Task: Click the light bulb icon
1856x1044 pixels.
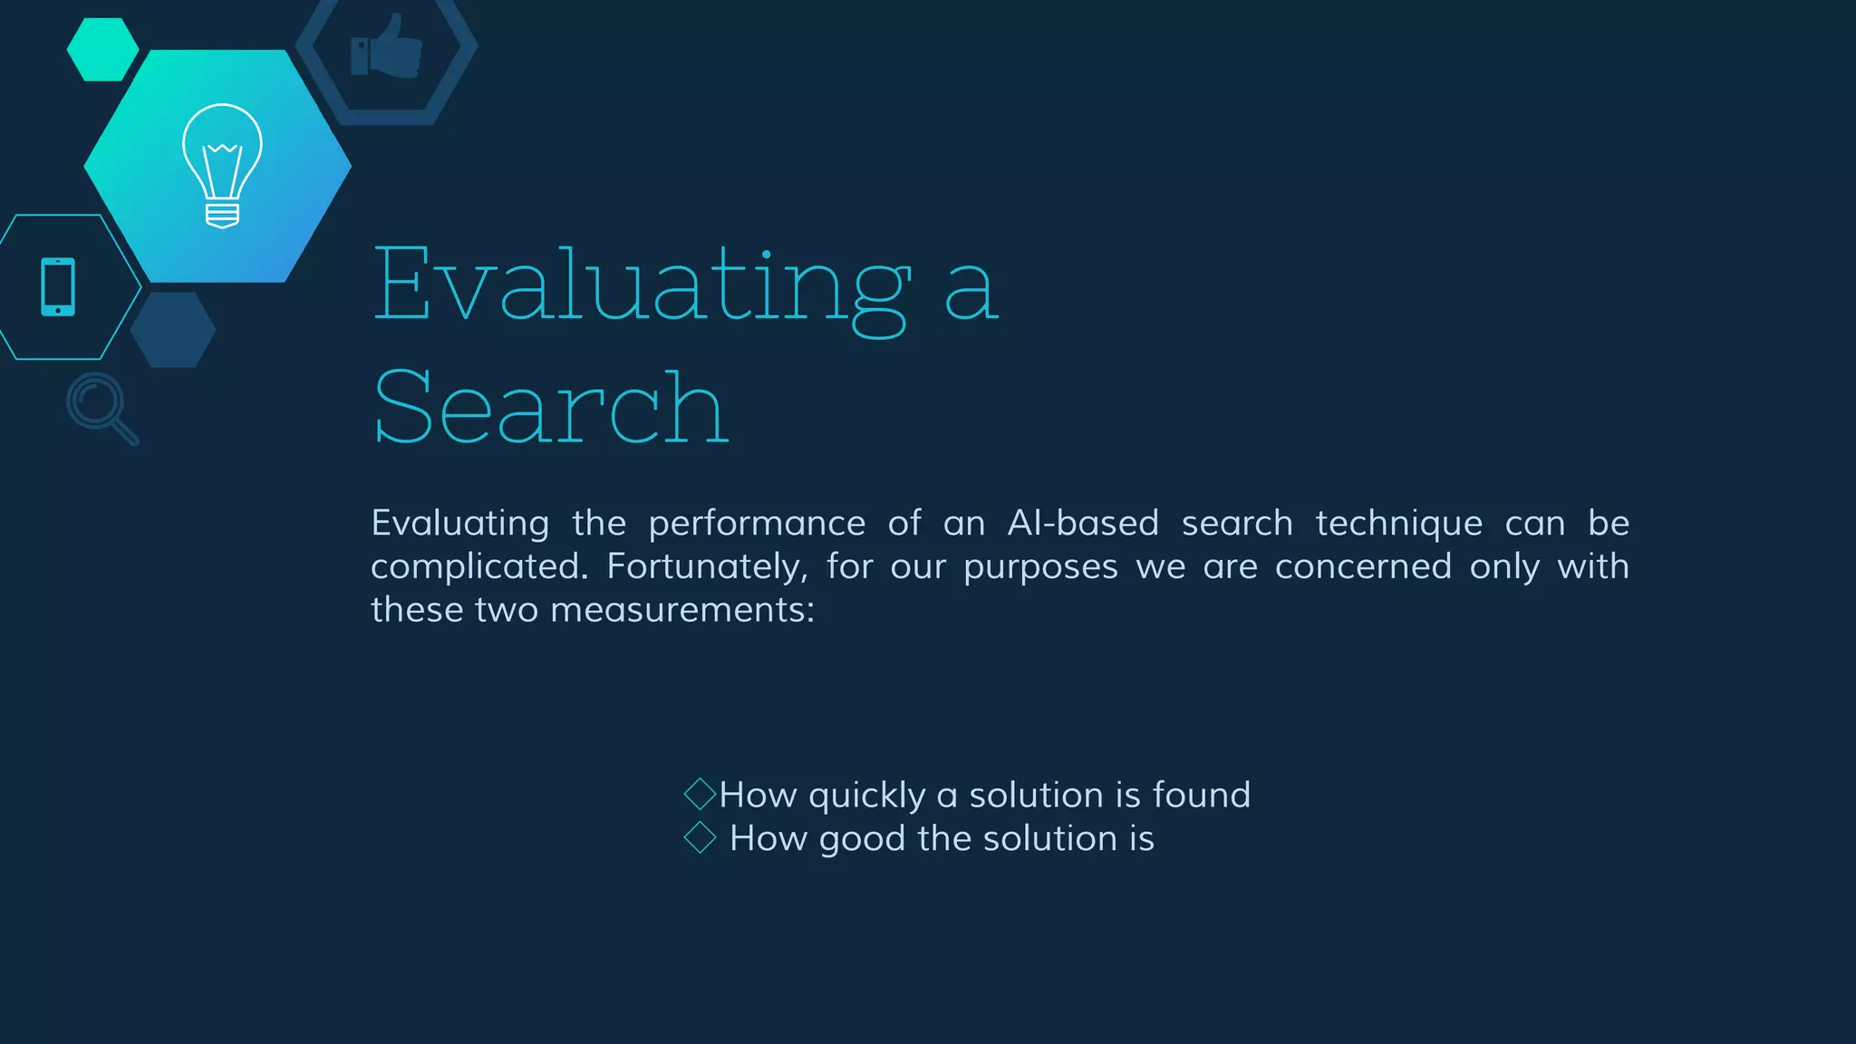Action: point(222,165)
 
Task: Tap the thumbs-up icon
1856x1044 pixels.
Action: point(387,47)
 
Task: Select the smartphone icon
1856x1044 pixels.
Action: point(58,287)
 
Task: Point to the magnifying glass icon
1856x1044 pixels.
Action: point(101,407)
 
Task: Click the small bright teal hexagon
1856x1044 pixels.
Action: point(102,50)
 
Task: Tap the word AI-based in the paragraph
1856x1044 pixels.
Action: point(1083,524)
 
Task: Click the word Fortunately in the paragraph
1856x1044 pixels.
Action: point(706,567)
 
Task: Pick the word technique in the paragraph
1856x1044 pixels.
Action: point(1398,524)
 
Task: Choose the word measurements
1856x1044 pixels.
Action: point(681,610)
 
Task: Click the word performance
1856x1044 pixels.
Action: point(757,525)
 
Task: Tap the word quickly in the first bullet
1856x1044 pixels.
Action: point(866,796)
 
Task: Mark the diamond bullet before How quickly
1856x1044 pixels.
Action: point(700,794)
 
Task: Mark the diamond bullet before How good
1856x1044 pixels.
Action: point(700,837)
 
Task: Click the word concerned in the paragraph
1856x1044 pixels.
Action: point(1363,567)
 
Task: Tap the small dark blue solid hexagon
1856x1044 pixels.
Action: point(172,329)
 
